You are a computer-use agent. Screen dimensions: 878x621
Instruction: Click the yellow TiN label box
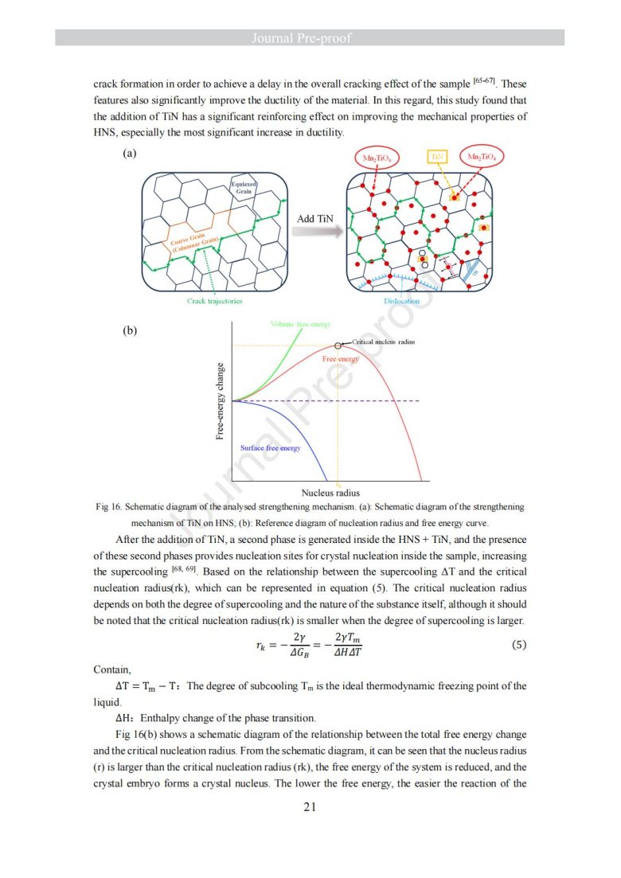[x=437, y=158]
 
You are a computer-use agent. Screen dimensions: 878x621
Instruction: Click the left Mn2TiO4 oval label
[x=377, y=158]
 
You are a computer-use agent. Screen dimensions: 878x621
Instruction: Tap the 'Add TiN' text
[x=315, y=218]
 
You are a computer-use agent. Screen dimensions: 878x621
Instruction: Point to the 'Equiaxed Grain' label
[x=243, y=189]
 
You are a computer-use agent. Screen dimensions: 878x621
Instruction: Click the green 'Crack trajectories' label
[x=215, y=301]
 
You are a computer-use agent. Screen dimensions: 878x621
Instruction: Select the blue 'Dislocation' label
[x=402, y=301]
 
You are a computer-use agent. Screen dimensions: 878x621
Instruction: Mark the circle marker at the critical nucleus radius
[x=338, y=345]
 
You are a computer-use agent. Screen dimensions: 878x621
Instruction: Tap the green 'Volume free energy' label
[x=295, y=324]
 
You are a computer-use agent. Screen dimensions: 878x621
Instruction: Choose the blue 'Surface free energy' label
[x=270, y=448]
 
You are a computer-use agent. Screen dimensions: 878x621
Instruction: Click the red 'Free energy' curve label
[x=341, y=360]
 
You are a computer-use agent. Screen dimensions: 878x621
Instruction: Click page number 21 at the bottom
[x=310, y=807]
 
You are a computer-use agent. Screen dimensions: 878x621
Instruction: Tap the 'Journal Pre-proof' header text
[x=310, y=38]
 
